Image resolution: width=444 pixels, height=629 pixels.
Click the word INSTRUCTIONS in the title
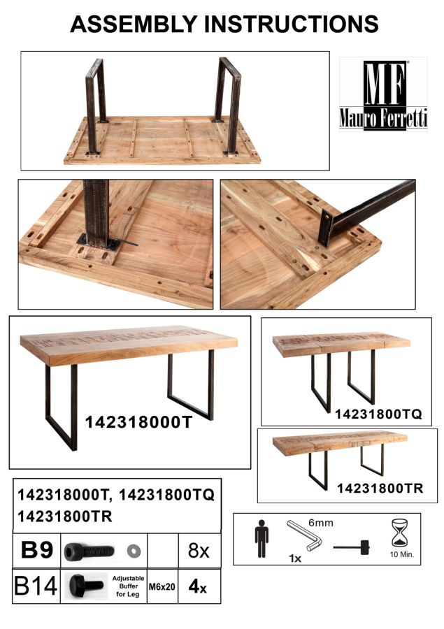[292, 24]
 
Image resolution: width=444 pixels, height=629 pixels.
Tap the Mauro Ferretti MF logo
[383, 94]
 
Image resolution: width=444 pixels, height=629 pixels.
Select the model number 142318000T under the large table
[139, 422]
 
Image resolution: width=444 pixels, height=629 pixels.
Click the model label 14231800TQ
[378, 414]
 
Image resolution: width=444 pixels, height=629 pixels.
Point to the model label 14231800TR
[380, 489]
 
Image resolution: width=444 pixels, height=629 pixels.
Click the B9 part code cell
[36, 551]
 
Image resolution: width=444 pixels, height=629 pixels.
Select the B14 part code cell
[36, 586]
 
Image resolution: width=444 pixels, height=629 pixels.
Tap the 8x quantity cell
[199, 551]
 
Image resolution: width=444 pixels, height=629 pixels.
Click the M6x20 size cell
[162, 587]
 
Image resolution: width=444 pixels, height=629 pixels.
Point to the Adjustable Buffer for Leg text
[128, 586]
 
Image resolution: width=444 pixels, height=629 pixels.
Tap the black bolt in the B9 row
[89, 551]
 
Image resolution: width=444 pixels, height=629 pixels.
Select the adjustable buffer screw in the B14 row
[86, 585]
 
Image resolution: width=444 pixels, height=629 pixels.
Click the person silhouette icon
[262, 538]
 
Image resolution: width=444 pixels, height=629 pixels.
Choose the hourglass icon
[399, 533]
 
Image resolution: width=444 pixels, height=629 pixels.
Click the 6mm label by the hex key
[321, 523]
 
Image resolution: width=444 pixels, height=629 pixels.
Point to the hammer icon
[351, 547]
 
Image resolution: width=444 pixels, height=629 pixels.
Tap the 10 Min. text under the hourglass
[402, 555]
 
